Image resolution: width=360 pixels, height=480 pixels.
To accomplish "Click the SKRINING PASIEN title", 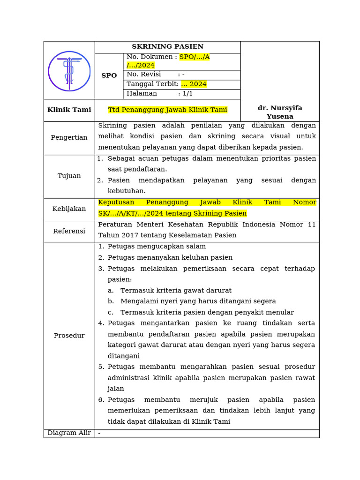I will coord(167,47).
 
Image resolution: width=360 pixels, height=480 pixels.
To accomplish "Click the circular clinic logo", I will coord(69,71).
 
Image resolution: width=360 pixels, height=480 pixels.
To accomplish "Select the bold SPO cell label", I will coord(109,75).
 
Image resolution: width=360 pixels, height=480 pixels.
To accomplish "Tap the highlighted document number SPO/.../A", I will coord(194,57).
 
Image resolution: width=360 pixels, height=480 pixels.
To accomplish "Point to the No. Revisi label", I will coord(143,75).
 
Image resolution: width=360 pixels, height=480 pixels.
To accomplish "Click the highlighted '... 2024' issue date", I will coord(194,84).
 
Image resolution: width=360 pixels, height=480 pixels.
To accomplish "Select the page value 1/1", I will coord(187,94).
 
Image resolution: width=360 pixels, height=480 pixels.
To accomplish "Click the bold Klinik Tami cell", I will coord(69,110).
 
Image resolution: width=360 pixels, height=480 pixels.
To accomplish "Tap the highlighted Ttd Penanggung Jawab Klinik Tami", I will coord(167,110).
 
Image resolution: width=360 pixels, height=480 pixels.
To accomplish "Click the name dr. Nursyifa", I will coord(280,108).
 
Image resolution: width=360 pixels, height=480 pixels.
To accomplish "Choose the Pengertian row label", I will coord(69,138).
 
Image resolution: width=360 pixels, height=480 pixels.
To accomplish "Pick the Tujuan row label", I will coord(69,176).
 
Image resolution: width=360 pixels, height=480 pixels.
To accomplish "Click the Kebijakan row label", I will coord(69,209).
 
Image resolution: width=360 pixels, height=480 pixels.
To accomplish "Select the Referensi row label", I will coord(69,232).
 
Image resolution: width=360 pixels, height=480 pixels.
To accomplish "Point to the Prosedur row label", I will coord(69,336).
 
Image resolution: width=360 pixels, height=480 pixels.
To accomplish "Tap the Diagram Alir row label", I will coord(69,433).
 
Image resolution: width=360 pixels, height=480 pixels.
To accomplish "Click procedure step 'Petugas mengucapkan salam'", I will coord(157,247).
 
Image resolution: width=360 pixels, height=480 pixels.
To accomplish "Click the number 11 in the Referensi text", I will coord(311,224).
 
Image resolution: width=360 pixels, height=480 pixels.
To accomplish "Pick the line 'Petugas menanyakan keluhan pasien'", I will coord(170,258).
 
